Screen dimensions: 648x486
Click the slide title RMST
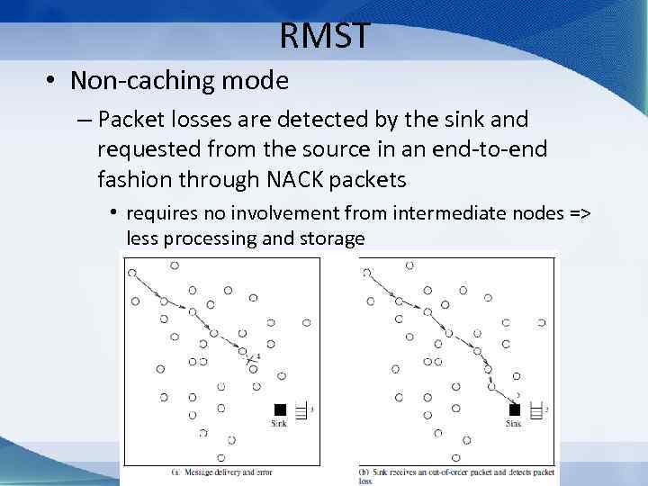324,36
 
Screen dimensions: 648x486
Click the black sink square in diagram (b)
516,409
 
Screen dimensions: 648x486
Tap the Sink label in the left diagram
279,423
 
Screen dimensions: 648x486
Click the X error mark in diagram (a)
251,360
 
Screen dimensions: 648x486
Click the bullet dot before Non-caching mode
52,82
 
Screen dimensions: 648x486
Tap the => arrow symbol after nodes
580,213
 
